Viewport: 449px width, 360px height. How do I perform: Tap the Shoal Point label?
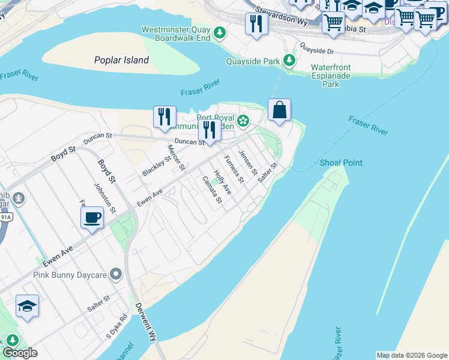(341, 163)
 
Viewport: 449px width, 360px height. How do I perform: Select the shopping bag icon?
(280, 110)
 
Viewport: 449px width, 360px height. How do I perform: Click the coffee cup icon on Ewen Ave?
(92, 217)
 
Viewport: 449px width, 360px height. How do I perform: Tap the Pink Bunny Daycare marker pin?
(116, 275)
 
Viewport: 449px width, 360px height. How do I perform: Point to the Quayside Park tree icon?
(289, 61)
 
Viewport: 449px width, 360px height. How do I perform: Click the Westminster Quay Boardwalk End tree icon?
(220, 32)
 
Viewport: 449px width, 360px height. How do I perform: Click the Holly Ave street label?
(223, 181)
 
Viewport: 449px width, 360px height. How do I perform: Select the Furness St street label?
(235, 169)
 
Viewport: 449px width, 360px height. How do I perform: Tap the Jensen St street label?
(248, 163)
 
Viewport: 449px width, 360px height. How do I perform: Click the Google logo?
(20, 353)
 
